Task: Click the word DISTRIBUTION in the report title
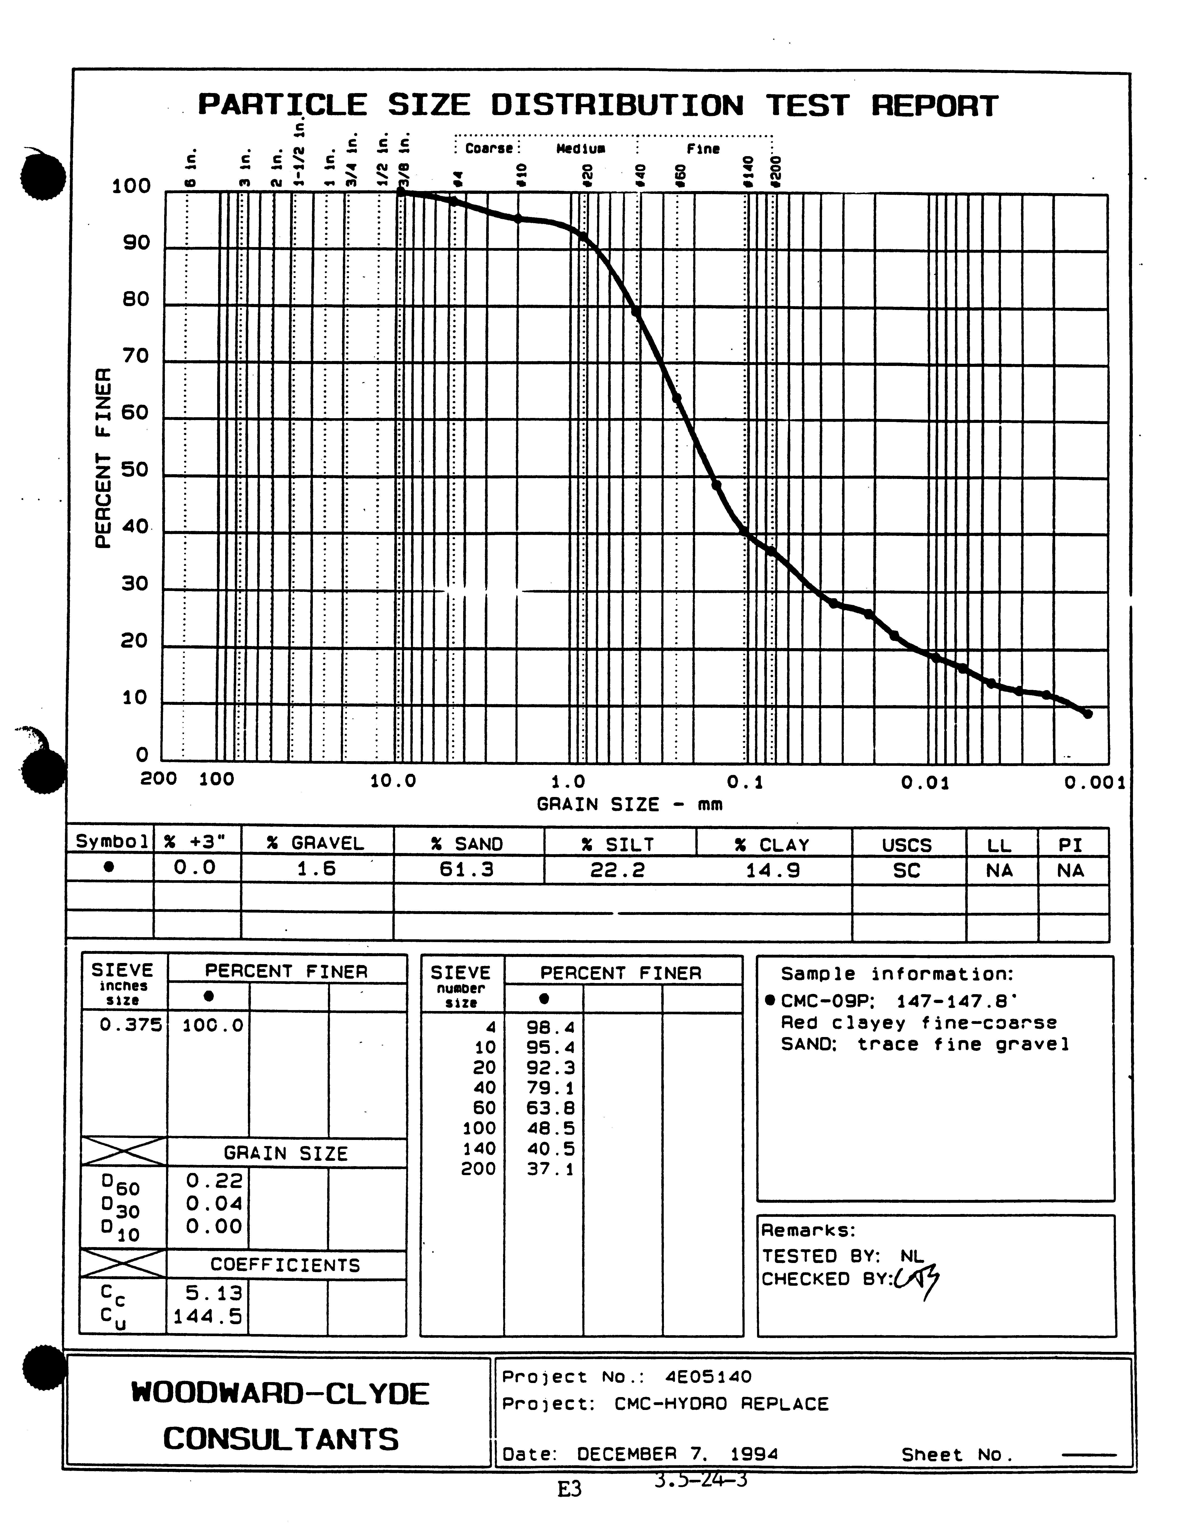point(617,105)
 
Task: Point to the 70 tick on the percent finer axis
point(136,356)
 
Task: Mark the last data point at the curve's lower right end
point(1087,713)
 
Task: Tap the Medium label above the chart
point(580,149)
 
